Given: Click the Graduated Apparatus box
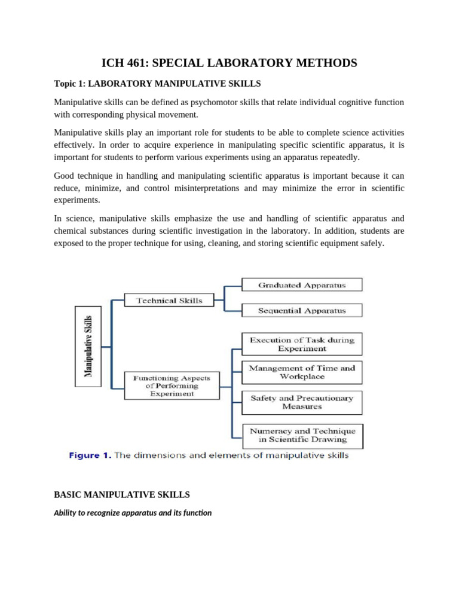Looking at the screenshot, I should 302,286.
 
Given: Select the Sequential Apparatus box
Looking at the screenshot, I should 302,311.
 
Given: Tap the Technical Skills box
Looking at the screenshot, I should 169,301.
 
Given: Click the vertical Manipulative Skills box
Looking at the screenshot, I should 88,347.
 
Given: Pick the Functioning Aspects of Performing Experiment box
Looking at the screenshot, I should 172,385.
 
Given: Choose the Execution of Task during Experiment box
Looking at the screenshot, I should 302,344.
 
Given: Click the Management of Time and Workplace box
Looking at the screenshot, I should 302,372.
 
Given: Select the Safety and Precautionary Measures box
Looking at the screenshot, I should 302,402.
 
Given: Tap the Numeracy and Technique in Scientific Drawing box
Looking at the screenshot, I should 302,435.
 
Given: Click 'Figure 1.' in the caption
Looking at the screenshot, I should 90,456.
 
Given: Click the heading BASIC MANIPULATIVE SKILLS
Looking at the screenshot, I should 122,495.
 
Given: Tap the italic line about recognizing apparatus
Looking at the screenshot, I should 133,512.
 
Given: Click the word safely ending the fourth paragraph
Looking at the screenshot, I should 370,243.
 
